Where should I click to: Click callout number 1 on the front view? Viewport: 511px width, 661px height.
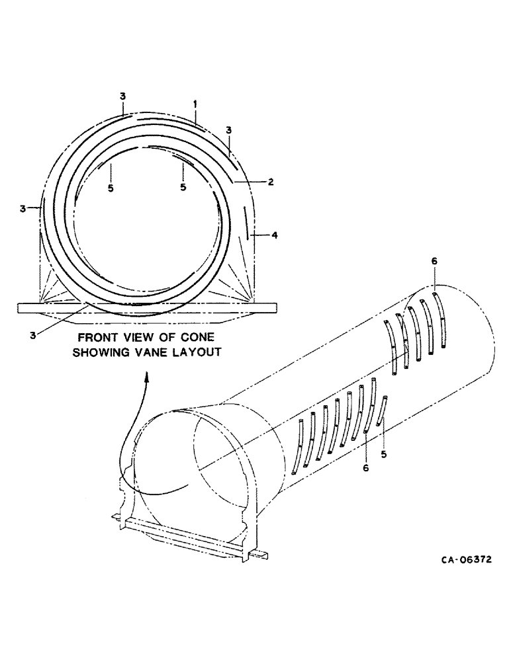pos(195,104)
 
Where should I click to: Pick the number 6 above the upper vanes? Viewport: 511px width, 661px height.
pos(434,262)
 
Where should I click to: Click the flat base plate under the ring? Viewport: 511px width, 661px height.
pos(146,307)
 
